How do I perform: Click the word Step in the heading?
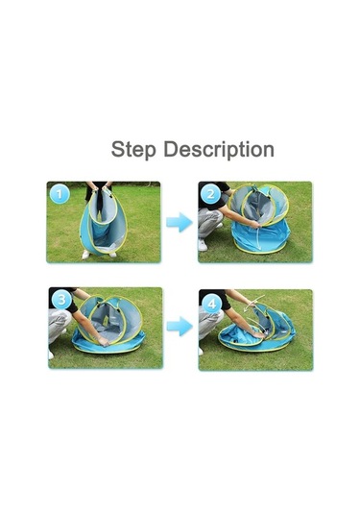[133, 150]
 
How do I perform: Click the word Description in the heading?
[219, 149]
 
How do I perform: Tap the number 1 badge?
[60, 194]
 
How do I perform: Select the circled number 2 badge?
[210, 195]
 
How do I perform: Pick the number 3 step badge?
[61, 300]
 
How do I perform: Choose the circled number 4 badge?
[211, 305]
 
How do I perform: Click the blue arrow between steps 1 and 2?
[180, 222]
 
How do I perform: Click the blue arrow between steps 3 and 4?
[180, 326]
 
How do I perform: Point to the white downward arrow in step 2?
[259, 238]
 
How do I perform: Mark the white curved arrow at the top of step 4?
[255, 301]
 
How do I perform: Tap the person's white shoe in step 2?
[203, 245]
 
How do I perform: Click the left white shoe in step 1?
[86, 255]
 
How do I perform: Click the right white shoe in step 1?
[112, 255]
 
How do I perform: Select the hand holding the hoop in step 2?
[255, 224]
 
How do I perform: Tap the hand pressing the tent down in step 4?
[259, 334]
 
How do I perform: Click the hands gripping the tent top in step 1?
[100, 189]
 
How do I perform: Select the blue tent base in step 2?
[261, 236]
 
